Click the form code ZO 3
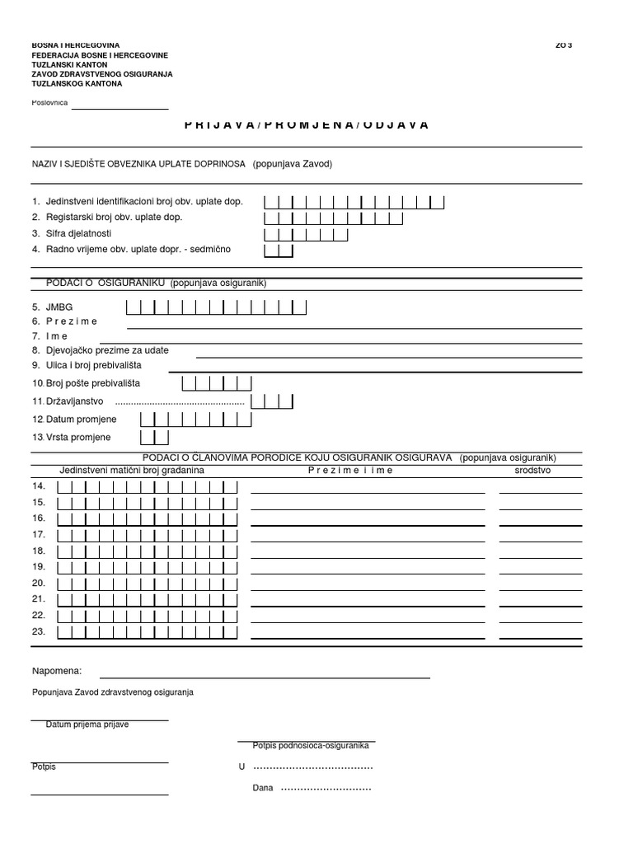[564, 45]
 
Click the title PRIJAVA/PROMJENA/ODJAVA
[307, 124]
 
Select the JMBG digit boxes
[216, 307]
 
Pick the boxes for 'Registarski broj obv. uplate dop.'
[334, 218]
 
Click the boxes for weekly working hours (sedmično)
[278, 250]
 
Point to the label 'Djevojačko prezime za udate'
[101, 350]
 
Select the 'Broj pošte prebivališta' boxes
[216, 383]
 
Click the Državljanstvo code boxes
[272, 401]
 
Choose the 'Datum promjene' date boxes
[195, 419]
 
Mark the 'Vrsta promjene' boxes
[154, 437]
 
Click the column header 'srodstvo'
[532, 470]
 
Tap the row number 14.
[39, 486]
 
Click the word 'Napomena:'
[57, 672]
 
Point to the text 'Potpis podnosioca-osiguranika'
[311, 745]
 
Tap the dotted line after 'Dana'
[326, 789]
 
